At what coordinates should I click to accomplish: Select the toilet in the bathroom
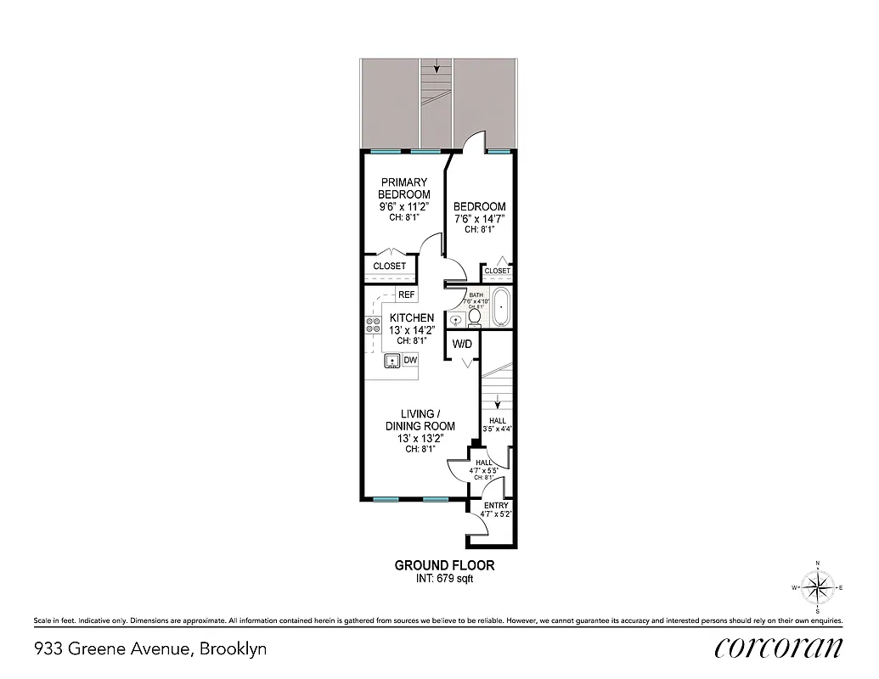[x=475, y=318]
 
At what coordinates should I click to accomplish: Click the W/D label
[x=462, y=345]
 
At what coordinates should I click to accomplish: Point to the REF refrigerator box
[x=406, y=295]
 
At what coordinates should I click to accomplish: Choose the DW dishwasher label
[x=410, y=361]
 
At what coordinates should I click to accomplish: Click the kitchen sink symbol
[x=392, y=362]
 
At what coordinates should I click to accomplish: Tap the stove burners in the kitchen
[x=372, y=323]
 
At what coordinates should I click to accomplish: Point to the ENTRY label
[x=496, y=506]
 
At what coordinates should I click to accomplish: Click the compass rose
[x=817, y=586]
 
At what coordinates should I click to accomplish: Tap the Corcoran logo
[x=779, y=648]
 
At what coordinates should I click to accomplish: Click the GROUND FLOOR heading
[x=444, y=565]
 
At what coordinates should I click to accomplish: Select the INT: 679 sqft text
[x=444, y=580]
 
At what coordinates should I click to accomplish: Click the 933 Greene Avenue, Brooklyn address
[x=150, y=649]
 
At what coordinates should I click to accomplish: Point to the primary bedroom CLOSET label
[x=390, y=267]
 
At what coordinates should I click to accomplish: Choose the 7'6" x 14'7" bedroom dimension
[x=480, y=218]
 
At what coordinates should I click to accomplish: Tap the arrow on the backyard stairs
[x=438, y=66]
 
